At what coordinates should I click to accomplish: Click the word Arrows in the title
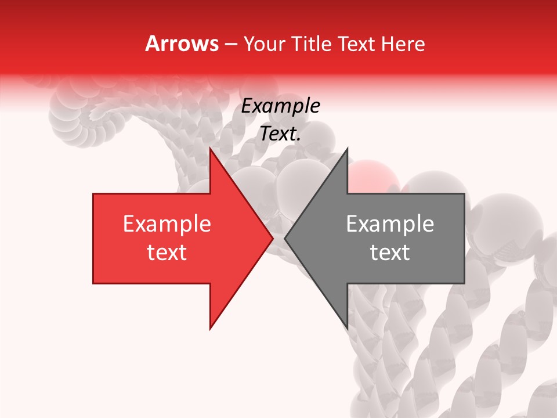point(182,44)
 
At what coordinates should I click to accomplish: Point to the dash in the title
point(230,44)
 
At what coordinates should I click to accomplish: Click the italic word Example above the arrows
point(281,107)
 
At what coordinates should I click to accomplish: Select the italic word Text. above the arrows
point(281,134)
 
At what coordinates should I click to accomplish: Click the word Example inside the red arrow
point(167,224)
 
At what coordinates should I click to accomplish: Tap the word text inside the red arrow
point(167,253)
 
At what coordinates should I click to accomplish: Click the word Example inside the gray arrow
point(390,224)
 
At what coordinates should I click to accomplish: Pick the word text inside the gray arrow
point(390,253)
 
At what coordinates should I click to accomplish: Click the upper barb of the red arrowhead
point(212,152)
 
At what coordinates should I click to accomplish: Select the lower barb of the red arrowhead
point(212,326)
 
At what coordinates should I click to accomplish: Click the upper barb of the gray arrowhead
point(346,152)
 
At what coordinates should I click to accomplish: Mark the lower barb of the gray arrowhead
point(346,326)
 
